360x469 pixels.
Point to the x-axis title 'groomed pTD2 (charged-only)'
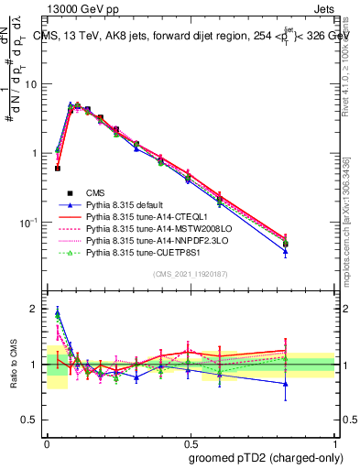point(263,457)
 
